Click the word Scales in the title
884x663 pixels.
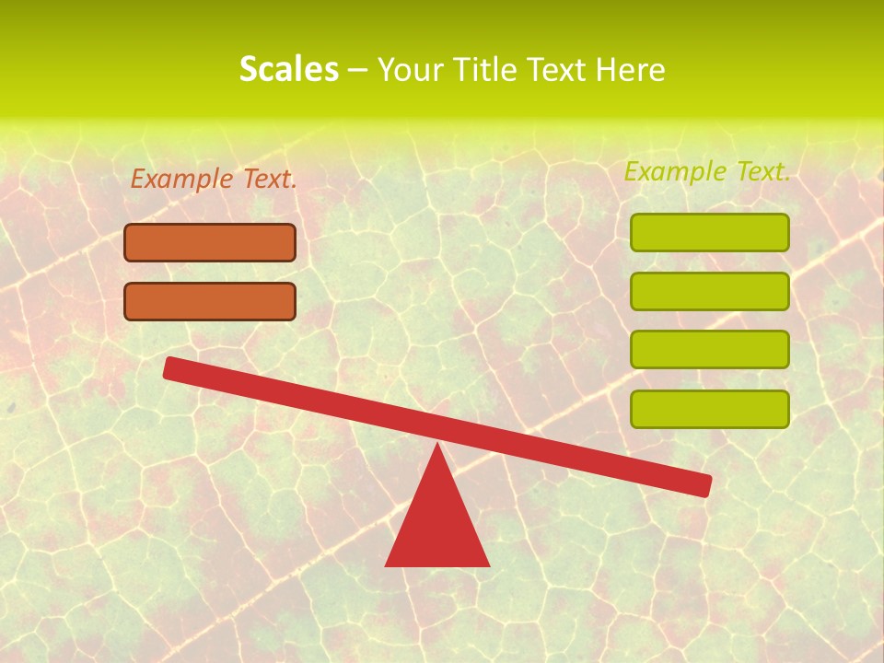pyautogui.click(x=288, y=69)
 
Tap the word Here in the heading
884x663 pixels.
pyautogui.click(x=631, y=69)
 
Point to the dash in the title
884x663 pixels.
pyautogui.click(x=357, y=70)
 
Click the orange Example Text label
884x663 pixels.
pyautogui.click(x=214, y=180)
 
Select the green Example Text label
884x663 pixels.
pyautogui.click(x=707, y=171)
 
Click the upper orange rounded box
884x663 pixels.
pyautogui.click(x=210, y=242)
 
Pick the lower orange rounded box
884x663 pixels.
pyautogui.click(x=210, y=301)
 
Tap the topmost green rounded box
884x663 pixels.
pyautogui.click(x=709, y=232)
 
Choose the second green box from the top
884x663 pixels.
pyautogui.click(x=709, y=291)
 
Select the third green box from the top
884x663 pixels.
pyautogui.click(x=709, y=349)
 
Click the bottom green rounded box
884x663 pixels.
pyautogui.click(x=709, y=409)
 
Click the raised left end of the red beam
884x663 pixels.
pyautogui.click(x=172, y=367)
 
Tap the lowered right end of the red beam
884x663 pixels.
pyautogui.click(x=704, y=484)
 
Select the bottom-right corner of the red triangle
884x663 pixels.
pyautogui.click(x=487, y=564)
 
